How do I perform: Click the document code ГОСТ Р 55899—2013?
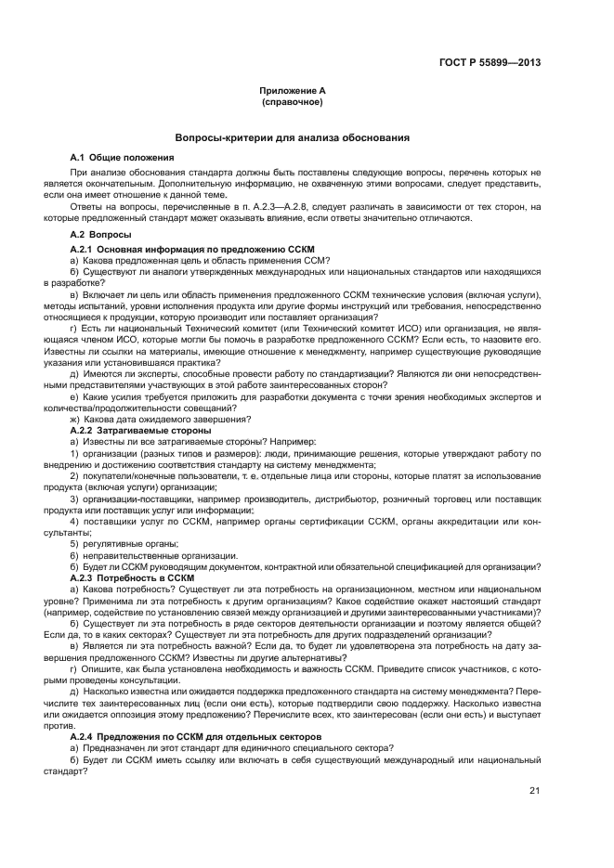[x=490, y=63]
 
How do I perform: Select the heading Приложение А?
[x=293, y=91]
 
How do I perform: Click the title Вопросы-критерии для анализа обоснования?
[x=293, y=137]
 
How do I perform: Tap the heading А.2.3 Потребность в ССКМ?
[x=133, y=577]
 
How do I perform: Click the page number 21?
[x=535, y=791]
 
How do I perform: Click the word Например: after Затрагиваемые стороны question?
[x=291, y=442]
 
